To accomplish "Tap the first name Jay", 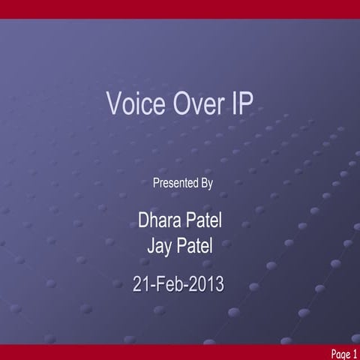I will tap(163, 245).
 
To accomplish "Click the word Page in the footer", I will tap(339, 352).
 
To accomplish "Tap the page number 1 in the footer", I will tap(355, 352).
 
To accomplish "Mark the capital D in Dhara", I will tap(144, 221).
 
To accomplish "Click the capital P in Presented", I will tap(156, 182).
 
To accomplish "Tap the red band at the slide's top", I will tap(180, 9).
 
